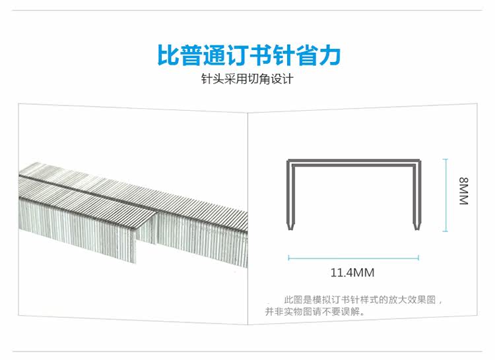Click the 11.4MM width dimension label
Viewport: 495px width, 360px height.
(x=352, y=272)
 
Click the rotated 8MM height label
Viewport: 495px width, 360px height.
(x=463, y=191)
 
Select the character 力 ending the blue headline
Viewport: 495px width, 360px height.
(x=329, y=55)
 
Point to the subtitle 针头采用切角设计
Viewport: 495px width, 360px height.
(x=247, y=79)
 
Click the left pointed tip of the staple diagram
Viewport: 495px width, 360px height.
(x=290, y=229)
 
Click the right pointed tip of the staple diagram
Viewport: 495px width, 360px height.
(x=416, y=229)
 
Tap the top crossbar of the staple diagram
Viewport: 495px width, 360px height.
(x=354, y=162)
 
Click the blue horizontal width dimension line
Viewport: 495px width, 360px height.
(x=354, y=258)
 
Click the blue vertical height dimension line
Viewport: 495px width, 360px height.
(x=445, y=195)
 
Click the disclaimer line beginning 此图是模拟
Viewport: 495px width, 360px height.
(x=363, y=300)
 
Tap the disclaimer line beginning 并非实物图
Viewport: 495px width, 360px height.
(x=315, y=312)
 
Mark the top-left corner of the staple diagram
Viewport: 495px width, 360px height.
(x=287, y=160)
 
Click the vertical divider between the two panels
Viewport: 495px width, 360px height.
(x=247, y=218)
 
